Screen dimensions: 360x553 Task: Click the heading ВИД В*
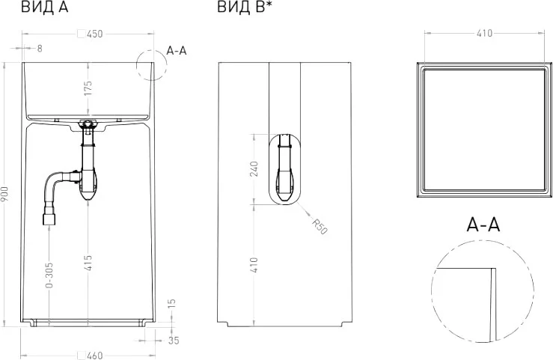tap(244, 8)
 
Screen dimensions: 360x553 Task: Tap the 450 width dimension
tap(94, 34)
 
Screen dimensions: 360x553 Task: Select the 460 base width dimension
tap(94, 355)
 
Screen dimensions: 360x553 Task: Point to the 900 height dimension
tap(6, 198)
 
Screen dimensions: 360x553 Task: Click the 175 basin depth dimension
tap(88, 88)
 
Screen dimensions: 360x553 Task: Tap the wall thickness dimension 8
tap(39, 49)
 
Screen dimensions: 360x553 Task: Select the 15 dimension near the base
tap(171, 304)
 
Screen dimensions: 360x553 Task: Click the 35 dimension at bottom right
tap(174, 341)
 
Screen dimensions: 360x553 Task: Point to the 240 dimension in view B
tap(254, 169)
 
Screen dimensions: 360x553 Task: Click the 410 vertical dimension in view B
tap(254, 264)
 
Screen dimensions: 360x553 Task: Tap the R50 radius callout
tap(320, 227)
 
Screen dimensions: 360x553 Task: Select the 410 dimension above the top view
tap(484, 34)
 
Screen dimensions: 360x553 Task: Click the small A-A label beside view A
tap(177, 50)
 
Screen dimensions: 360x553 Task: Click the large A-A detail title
tap(483, 225)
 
